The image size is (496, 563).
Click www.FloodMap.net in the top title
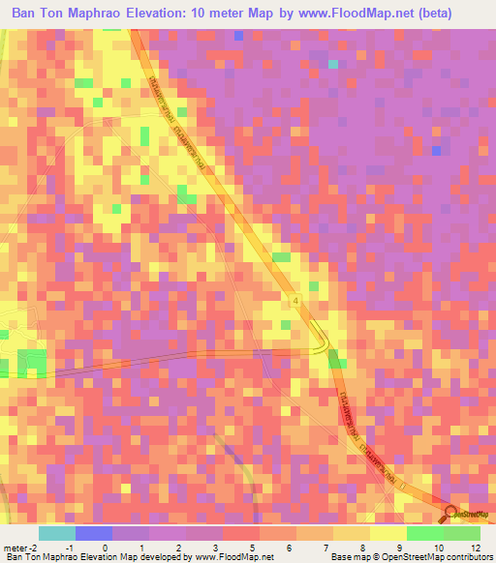click(x=353, y=14)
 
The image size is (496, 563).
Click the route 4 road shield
click(x=294, y=303)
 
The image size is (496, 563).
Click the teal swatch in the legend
click(x=56, y=533)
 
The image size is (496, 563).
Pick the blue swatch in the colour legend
click(x=93, y=533)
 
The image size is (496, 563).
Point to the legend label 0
click(x=105, y=548)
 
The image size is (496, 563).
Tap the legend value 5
click(x=252, y=548)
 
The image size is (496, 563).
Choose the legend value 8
click(x=360, y=548)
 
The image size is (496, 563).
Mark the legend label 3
click(x=215, y=548)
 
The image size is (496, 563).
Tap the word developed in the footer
click(x=153, y=557)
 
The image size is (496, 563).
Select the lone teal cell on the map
click(x=334, y=65)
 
